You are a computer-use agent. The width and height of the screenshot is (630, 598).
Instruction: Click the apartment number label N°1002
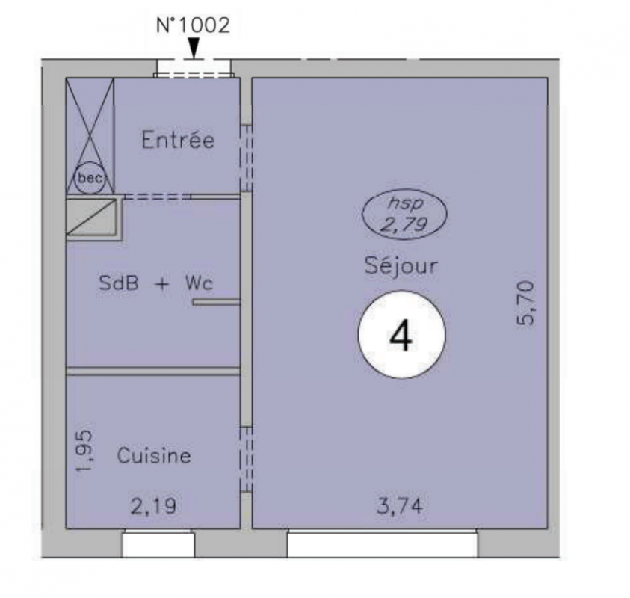193,25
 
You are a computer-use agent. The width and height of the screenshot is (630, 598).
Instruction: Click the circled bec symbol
90,178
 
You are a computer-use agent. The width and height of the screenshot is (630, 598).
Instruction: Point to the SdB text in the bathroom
119,283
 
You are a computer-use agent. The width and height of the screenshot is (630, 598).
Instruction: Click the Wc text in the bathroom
199,283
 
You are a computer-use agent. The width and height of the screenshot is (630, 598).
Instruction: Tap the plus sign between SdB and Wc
162,284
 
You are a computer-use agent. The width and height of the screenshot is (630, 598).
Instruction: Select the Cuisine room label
154,455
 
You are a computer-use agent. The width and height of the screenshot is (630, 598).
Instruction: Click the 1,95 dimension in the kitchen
84,451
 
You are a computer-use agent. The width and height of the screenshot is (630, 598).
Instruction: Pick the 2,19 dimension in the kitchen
153,505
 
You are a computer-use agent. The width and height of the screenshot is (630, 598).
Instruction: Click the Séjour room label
401,265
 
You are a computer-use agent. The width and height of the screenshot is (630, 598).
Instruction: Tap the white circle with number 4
401,334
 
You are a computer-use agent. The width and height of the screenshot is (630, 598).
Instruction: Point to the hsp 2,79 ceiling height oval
404,214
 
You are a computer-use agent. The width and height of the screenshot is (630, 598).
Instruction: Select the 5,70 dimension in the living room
525,303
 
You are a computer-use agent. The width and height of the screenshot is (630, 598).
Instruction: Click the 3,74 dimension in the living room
400,505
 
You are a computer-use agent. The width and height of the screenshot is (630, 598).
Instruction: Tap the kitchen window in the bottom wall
158,543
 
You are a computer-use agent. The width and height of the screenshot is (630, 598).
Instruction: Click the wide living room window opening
383,543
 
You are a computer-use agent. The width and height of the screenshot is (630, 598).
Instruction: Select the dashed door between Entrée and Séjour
246,158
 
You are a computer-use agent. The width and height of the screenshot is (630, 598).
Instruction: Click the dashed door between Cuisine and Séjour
246,460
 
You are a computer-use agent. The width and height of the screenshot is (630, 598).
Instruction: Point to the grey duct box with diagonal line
93,217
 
